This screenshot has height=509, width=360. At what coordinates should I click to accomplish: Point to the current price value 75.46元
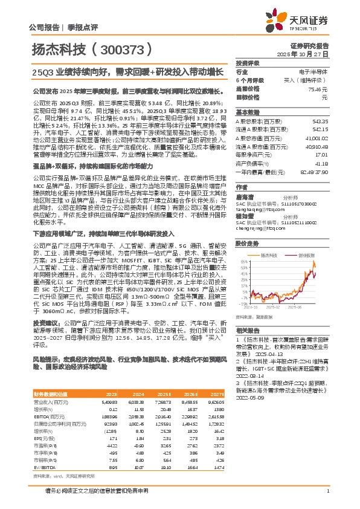pos(318,88)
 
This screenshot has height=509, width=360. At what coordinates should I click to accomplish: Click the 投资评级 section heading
pos(248,63)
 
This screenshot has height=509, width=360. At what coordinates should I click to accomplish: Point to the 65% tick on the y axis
pos(242,262)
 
